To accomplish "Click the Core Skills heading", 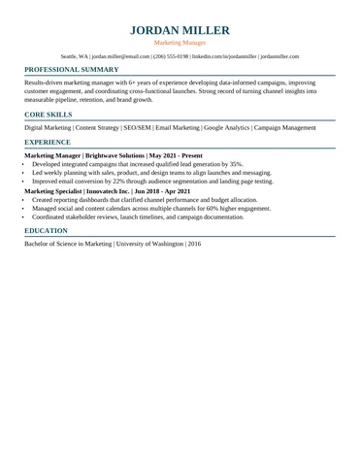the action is pyautogui.click(x=49, y=115).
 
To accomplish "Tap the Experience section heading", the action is pyautogui.click(x=48, y=142).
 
